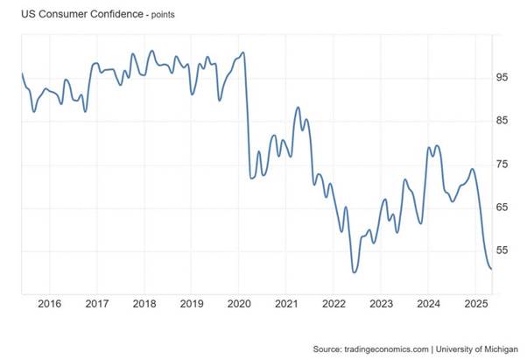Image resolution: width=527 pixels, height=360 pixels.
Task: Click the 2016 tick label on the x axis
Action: coord(49,304)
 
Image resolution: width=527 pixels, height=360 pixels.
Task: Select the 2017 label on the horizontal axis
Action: coord(97,304)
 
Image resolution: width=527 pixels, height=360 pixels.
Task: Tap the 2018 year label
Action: coord(144,304)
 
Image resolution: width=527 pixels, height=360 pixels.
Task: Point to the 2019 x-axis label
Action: coord(192,304)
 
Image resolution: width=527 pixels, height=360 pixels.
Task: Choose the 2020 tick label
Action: coord(240,304)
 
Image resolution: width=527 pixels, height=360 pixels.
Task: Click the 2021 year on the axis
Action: coord(287,304)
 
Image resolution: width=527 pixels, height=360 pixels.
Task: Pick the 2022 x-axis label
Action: coord(334,304)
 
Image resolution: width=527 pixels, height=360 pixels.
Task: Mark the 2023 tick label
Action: coord(382,304)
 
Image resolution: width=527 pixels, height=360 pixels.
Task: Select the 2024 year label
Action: coord(429,304)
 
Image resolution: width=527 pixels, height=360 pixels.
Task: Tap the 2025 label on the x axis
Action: coord(476,304)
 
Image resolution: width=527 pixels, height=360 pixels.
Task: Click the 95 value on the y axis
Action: coord(502,78)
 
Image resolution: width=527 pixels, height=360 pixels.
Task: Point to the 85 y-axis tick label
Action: coord(502,121)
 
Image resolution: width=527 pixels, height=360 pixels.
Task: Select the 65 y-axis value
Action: coord(502,207)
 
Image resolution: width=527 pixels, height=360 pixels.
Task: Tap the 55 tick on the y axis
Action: coord(502,251)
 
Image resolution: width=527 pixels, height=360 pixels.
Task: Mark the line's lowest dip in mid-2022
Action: coord(354,272)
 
